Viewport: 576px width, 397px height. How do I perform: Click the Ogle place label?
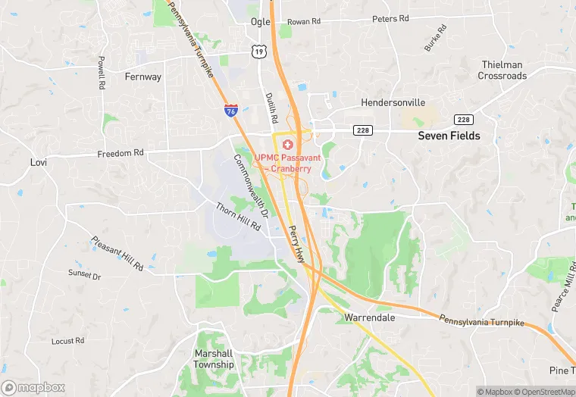click(x=260, y=22)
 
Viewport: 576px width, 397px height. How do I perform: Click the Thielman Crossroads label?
click(x=502, y=70)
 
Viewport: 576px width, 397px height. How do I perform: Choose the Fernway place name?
click(x=143, y=77)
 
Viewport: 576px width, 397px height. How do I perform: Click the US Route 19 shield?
click(x=260, y=52)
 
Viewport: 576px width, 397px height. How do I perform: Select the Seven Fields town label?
click(x=449, y=136)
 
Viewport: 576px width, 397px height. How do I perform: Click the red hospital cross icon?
click(x=287, y=145)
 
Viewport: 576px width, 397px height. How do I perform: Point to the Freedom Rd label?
click(x=121, y=153)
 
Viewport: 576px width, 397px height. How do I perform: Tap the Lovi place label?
click(x=38, y=162)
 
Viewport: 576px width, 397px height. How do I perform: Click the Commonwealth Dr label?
click(x=251, y=186)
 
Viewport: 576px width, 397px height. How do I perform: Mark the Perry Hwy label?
click(x=294, y=243)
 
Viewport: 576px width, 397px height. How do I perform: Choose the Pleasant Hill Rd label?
click(x=117, y=254)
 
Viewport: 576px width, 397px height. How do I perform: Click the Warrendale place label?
click(x=370, y=317)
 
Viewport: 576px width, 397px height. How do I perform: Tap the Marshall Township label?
click(x=214, y=358)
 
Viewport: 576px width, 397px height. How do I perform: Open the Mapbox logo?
click(x=33, y=387)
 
